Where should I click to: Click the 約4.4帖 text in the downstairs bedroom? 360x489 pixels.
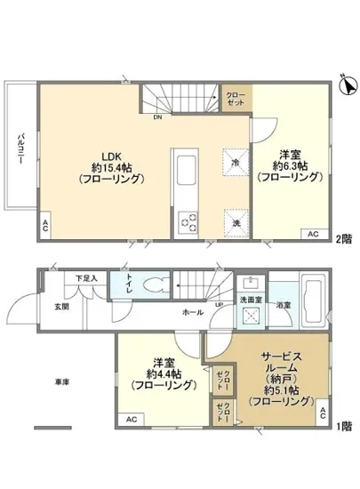(x=161, y=375)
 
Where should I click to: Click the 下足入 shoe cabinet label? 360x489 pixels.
(x=86, y=278)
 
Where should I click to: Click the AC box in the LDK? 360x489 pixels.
(x=44, y=228)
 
